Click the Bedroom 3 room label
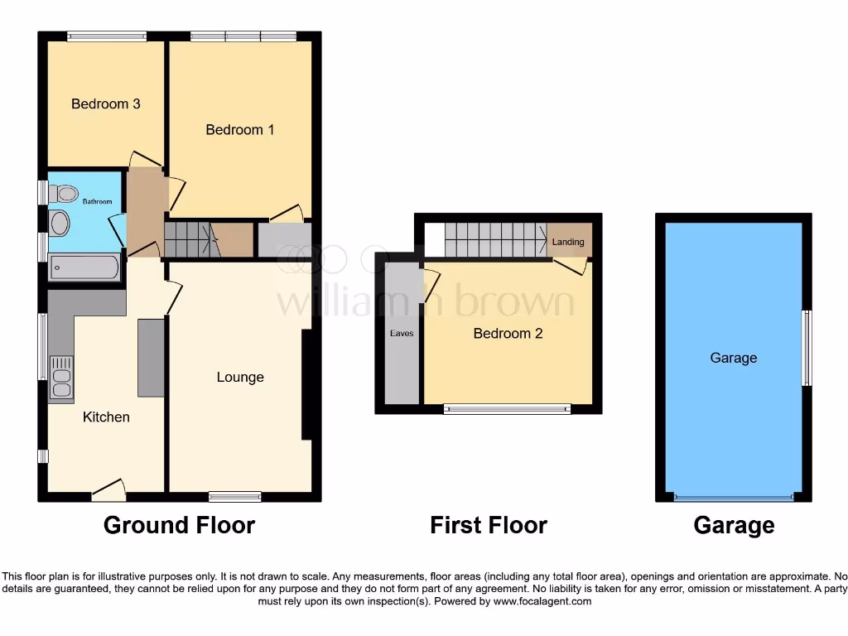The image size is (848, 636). click(105, 104)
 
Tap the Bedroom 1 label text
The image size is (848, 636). click(240, 130)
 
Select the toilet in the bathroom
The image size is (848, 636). click(62, 193)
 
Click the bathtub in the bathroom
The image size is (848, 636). click(84, 267)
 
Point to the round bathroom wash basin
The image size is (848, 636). click(60, 223)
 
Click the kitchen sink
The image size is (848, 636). click(61, 378)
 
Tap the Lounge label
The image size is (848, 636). click(240, 377)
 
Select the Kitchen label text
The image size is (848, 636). click(106, 417)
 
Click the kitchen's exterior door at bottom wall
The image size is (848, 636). click(108, 493)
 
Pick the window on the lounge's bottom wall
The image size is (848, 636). click(235, 497)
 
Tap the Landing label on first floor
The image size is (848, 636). click(569, 242)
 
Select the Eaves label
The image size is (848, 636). click(402, 334)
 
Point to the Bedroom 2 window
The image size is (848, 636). click(507, 408)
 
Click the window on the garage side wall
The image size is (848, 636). click(807, 348)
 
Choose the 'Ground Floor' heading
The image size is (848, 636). click(179, 525)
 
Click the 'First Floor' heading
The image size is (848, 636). click(489, 525)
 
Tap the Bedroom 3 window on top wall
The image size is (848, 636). click(107, 36)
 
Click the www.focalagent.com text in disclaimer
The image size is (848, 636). click(542, 601)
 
